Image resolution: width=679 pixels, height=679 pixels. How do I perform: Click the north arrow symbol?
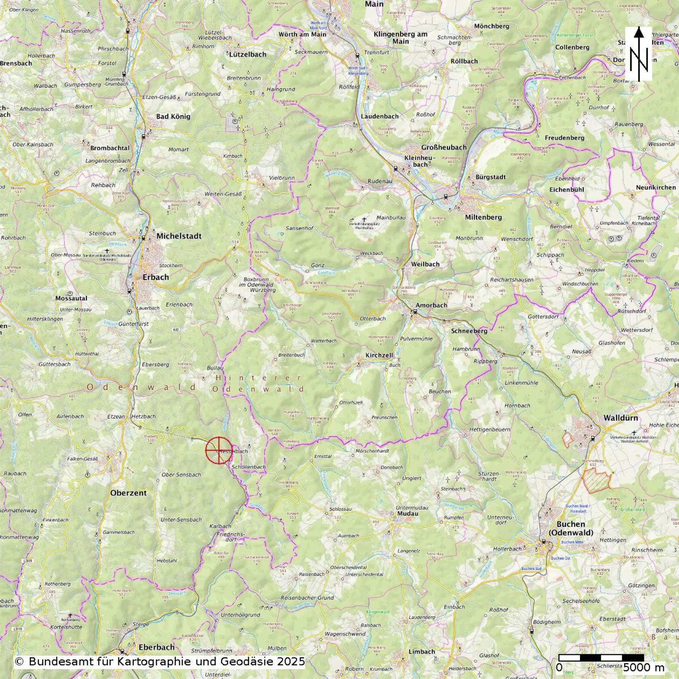click(x=639, y=54)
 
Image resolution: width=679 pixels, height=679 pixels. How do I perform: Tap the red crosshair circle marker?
click(x=219, y=450)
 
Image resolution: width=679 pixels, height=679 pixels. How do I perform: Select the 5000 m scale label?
click(x=644, y=668)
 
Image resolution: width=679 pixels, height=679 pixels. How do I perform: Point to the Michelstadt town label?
click(x=179, y=236)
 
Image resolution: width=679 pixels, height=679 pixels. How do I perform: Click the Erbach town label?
click(x=156, y=277)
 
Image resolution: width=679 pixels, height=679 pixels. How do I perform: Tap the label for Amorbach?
click(x=431, y=305)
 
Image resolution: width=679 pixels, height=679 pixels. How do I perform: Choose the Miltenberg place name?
click(x=483, y=217)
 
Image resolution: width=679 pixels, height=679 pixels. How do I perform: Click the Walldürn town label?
click(x=621, y=418)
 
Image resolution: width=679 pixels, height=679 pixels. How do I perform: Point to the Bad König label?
click(x=173, y=117)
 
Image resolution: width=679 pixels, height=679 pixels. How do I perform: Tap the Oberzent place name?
click(x=128, y=493)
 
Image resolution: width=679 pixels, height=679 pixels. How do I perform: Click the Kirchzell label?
click(x=379, y=355)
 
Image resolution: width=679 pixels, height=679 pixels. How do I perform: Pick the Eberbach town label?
click(x=157, y=647)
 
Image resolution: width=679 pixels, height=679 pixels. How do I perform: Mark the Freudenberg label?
click(x=564, y=138)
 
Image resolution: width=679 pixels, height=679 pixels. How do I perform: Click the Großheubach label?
click(x=444, y=147)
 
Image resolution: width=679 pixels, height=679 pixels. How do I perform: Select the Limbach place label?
click(x=422, y=652)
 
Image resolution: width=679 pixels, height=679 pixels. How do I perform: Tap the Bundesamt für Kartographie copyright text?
click(x=159, y=661)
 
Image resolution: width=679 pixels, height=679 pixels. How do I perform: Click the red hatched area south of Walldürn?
click(x=596, y=480)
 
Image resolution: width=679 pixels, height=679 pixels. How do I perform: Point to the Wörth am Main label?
click(x=302, y=34)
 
